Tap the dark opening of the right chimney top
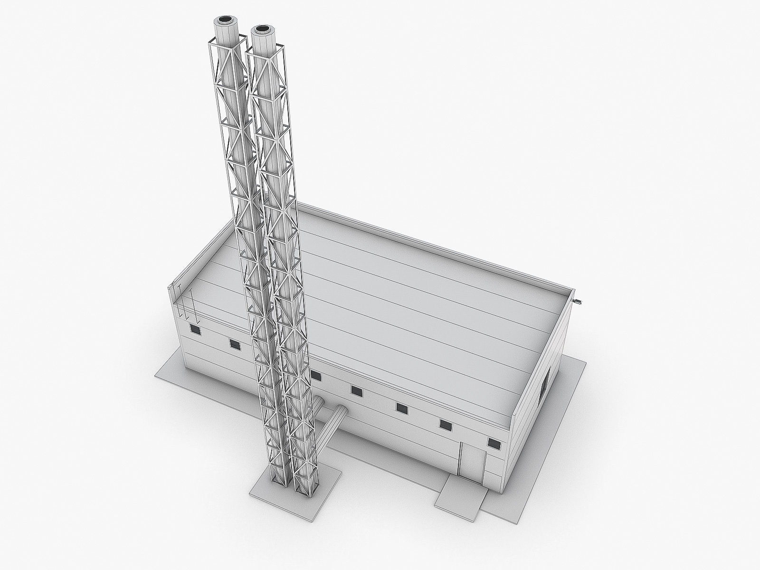tap(261, 29)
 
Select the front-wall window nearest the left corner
tap(194, 329)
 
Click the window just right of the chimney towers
tap(316, 376)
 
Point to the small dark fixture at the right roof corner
tap(580, 301)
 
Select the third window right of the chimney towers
tap(402, 408)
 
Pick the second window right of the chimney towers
tap(357, 391)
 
